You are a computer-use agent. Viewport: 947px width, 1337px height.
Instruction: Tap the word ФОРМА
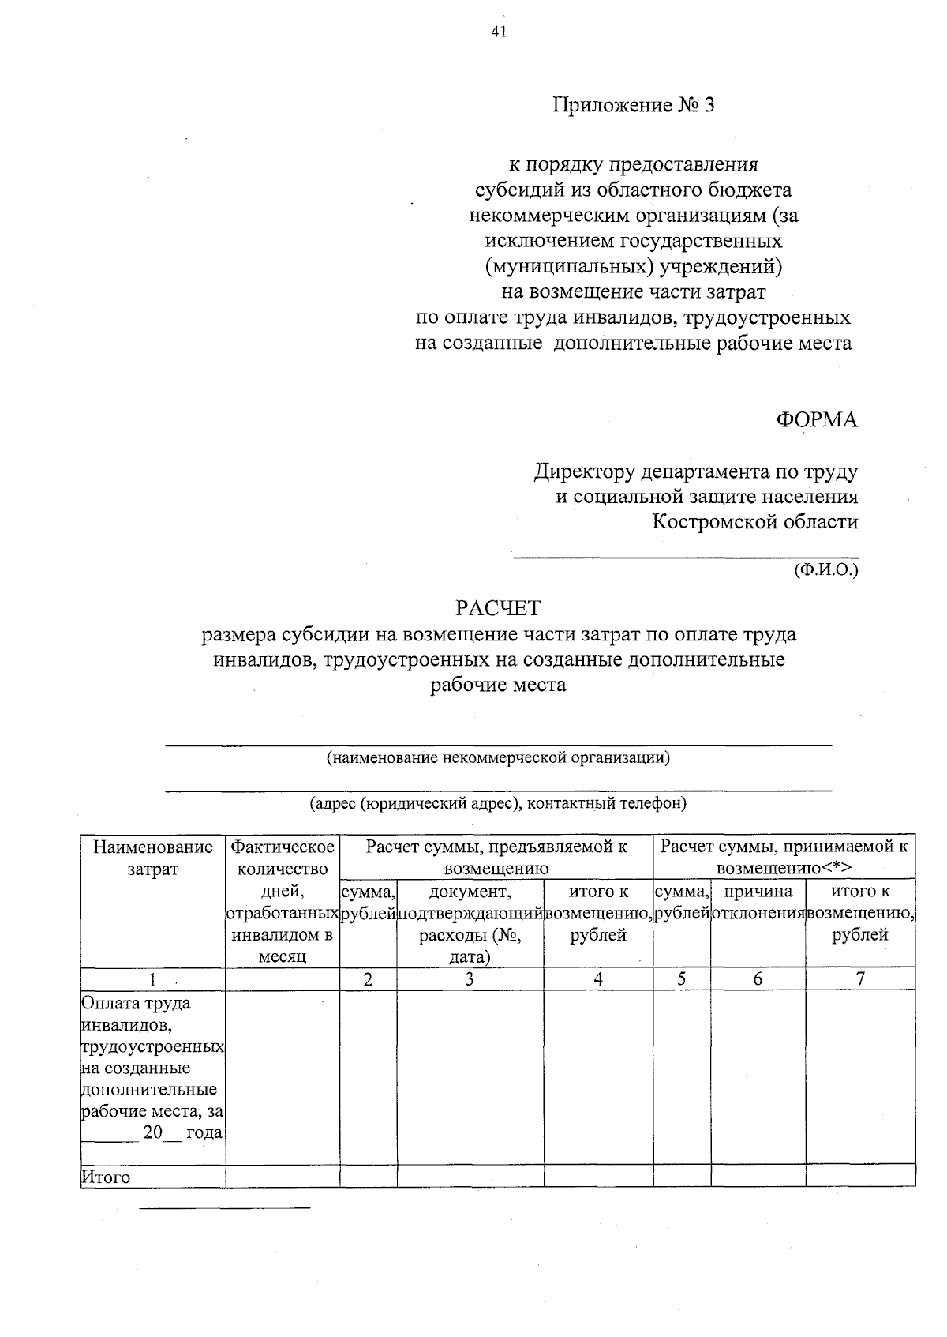816,420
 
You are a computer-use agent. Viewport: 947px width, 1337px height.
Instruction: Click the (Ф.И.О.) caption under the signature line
825,569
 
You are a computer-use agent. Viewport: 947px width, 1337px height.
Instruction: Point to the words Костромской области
754,522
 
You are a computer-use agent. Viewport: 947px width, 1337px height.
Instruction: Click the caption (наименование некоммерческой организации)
498,758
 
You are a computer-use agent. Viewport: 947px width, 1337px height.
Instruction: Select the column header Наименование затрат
153,858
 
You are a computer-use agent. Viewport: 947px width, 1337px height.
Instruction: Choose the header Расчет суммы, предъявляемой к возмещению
496,858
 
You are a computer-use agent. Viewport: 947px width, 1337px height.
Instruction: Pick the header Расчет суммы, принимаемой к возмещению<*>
784,858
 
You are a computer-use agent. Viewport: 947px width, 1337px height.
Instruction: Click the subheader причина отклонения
758,903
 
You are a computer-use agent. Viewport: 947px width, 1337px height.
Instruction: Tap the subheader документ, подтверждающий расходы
470,924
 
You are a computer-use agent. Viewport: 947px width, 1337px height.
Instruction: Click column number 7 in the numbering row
860,979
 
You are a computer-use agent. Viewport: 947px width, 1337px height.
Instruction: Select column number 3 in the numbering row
470,979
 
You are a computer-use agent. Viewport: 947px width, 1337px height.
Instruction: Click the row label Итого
106,1177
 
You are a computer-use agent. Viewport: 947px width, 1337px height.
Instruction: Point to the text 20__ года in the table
181,1133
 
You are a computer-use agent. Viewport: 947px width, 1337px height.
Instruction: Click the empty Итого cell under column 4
598,1177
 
